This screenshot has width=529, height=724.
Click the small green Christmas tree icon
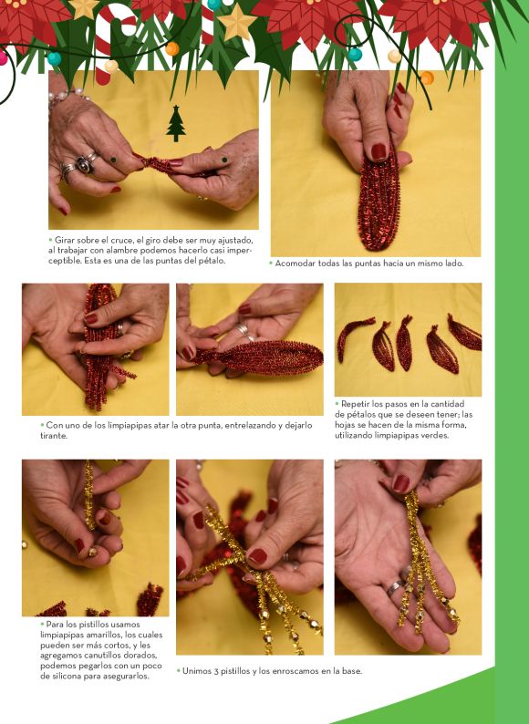175,123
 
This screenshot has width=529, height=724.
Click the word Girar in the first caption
64,240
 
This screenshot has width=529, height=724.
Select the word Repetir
356,404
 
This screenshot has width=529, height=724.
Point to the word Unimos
197,671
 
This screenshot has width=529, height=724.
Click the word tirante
54,436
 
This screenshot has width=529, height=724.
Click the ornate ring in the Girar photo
85,164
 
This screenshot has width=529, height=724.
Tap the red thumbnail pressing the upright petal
379,151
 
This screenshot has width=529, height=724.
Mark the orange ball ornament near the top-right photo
427,78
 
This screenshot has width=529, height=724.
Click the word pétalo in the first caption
213,261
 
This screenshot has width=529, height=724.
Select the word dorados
143,656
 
